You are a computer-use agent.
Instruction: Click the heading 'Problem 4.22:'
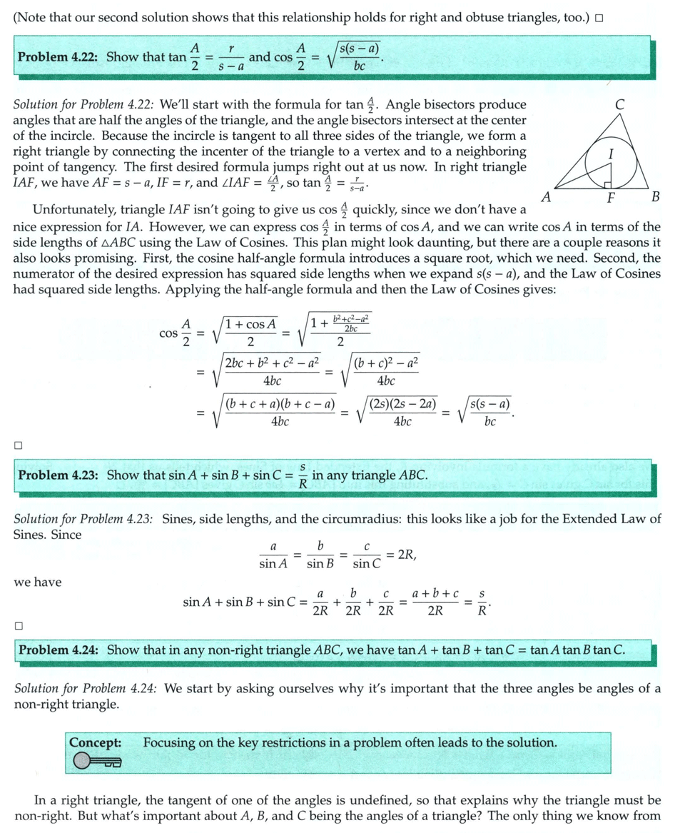click(x=60, y=57)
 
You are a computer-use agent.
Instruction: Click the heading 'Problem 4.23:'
click(x=60, y=475)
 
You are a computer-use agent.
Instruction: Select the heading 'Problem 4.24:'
click(x=60, y=650)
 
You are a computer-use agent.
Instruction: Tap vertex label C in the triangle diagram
click(x=620, y=104)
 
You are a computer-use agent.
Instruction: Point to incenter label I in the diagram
click(x=610, y=152)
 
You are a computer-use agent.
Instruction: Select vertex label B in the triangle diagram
click(x=656, y=197)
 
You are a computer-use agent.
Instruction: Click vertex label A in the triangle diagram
click(x=545, y=197)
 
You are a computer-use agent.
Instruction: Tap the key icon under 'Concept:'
click(x=96, y=762)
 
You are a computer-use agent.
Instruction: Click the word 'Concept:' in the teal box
click(x=95, y=742)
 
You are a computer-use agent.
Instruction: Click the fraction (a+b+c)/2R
click(x=435, y=602)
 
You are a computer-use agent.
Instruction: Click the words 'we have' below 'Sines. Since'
click(x=37, y=582)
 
